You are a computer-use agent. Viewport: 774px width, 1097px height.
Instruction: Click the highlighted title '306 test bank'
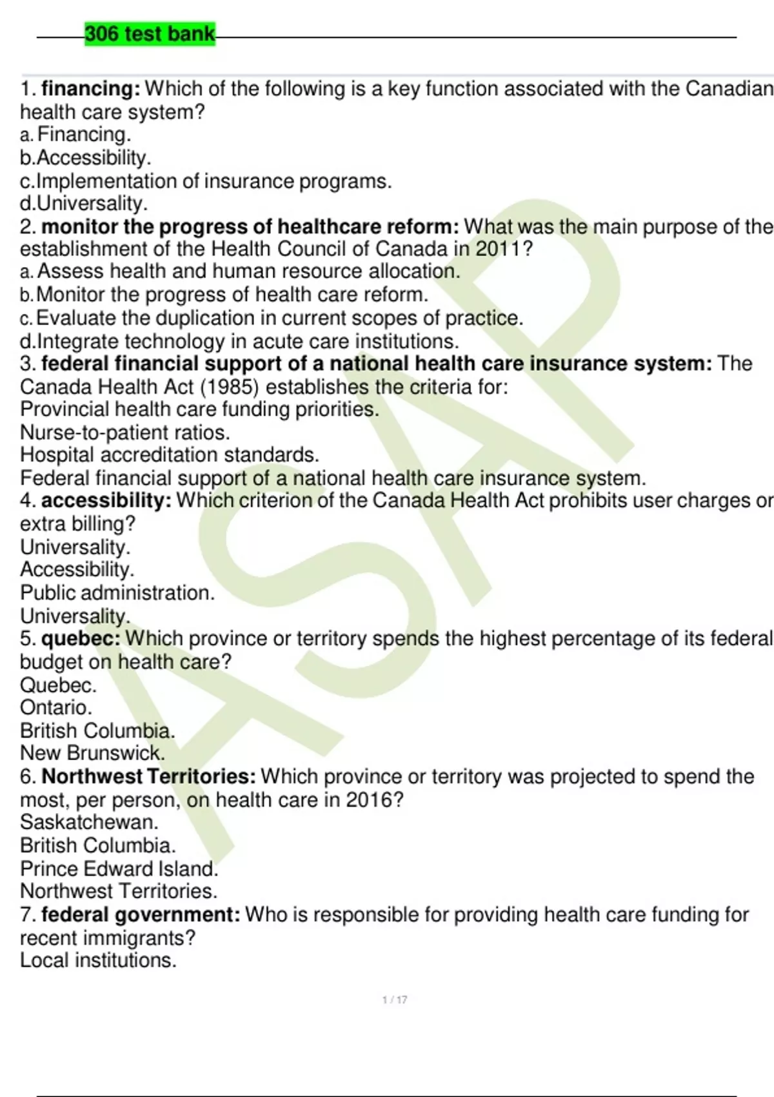click(150, 34)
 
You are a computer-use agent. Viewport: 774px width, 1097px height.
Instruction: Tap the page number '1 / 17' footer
click(395, 1000)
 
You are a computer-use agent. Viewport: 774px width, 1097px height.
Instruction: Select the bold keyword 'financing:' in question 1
click(91, 88)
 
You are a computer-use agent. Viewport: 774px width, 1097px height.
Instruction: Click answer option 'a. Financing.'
click(75, 135)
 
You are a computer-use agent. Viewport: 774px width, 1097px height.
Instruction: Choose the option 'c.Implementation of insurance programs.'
click(206, 181)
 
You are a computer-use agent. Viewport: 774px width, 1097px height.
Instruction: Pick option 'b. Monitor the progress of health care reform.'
click(224, 295)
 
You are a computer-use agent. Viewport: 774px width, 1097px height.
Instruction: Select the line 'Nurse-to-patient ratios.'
click(125, 432)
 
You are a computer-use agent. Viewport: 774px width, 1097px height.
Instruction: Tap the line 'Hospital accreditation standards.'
click(170, 455)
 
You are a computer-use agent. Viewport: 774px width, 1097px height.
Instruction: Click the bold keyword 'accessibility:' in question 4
click(106, 501)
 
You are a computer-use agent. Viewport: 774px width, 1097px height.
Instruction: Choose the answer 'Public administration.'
click(117, 592)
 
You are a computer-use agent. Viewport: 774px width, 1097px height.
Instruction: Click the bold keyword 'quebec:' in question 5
click(81, 639)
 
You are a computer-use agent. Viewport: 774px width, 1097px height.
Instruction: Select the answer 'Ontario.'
click(56, 707)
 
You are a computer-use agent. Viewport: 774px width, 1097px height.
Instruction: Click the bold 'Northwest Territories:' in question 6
click(149, 776)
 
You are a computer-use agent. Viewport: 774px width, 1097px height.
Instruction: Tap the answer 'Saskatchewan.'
click(89, 822)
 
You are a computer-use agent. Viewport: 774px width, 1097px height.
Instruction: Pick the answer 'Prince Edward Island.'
click(119, 869)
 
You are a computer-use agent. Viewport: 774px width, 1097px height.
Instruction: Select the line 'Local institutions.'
click(98, 960)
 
